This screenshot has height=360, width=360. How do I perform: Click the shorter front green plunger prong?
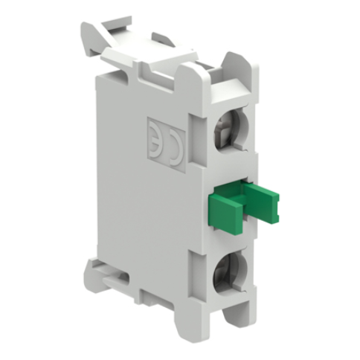(x=225, y=210)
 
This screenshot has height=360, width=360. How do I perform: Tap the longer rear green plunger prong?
(x=262, y=201)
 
